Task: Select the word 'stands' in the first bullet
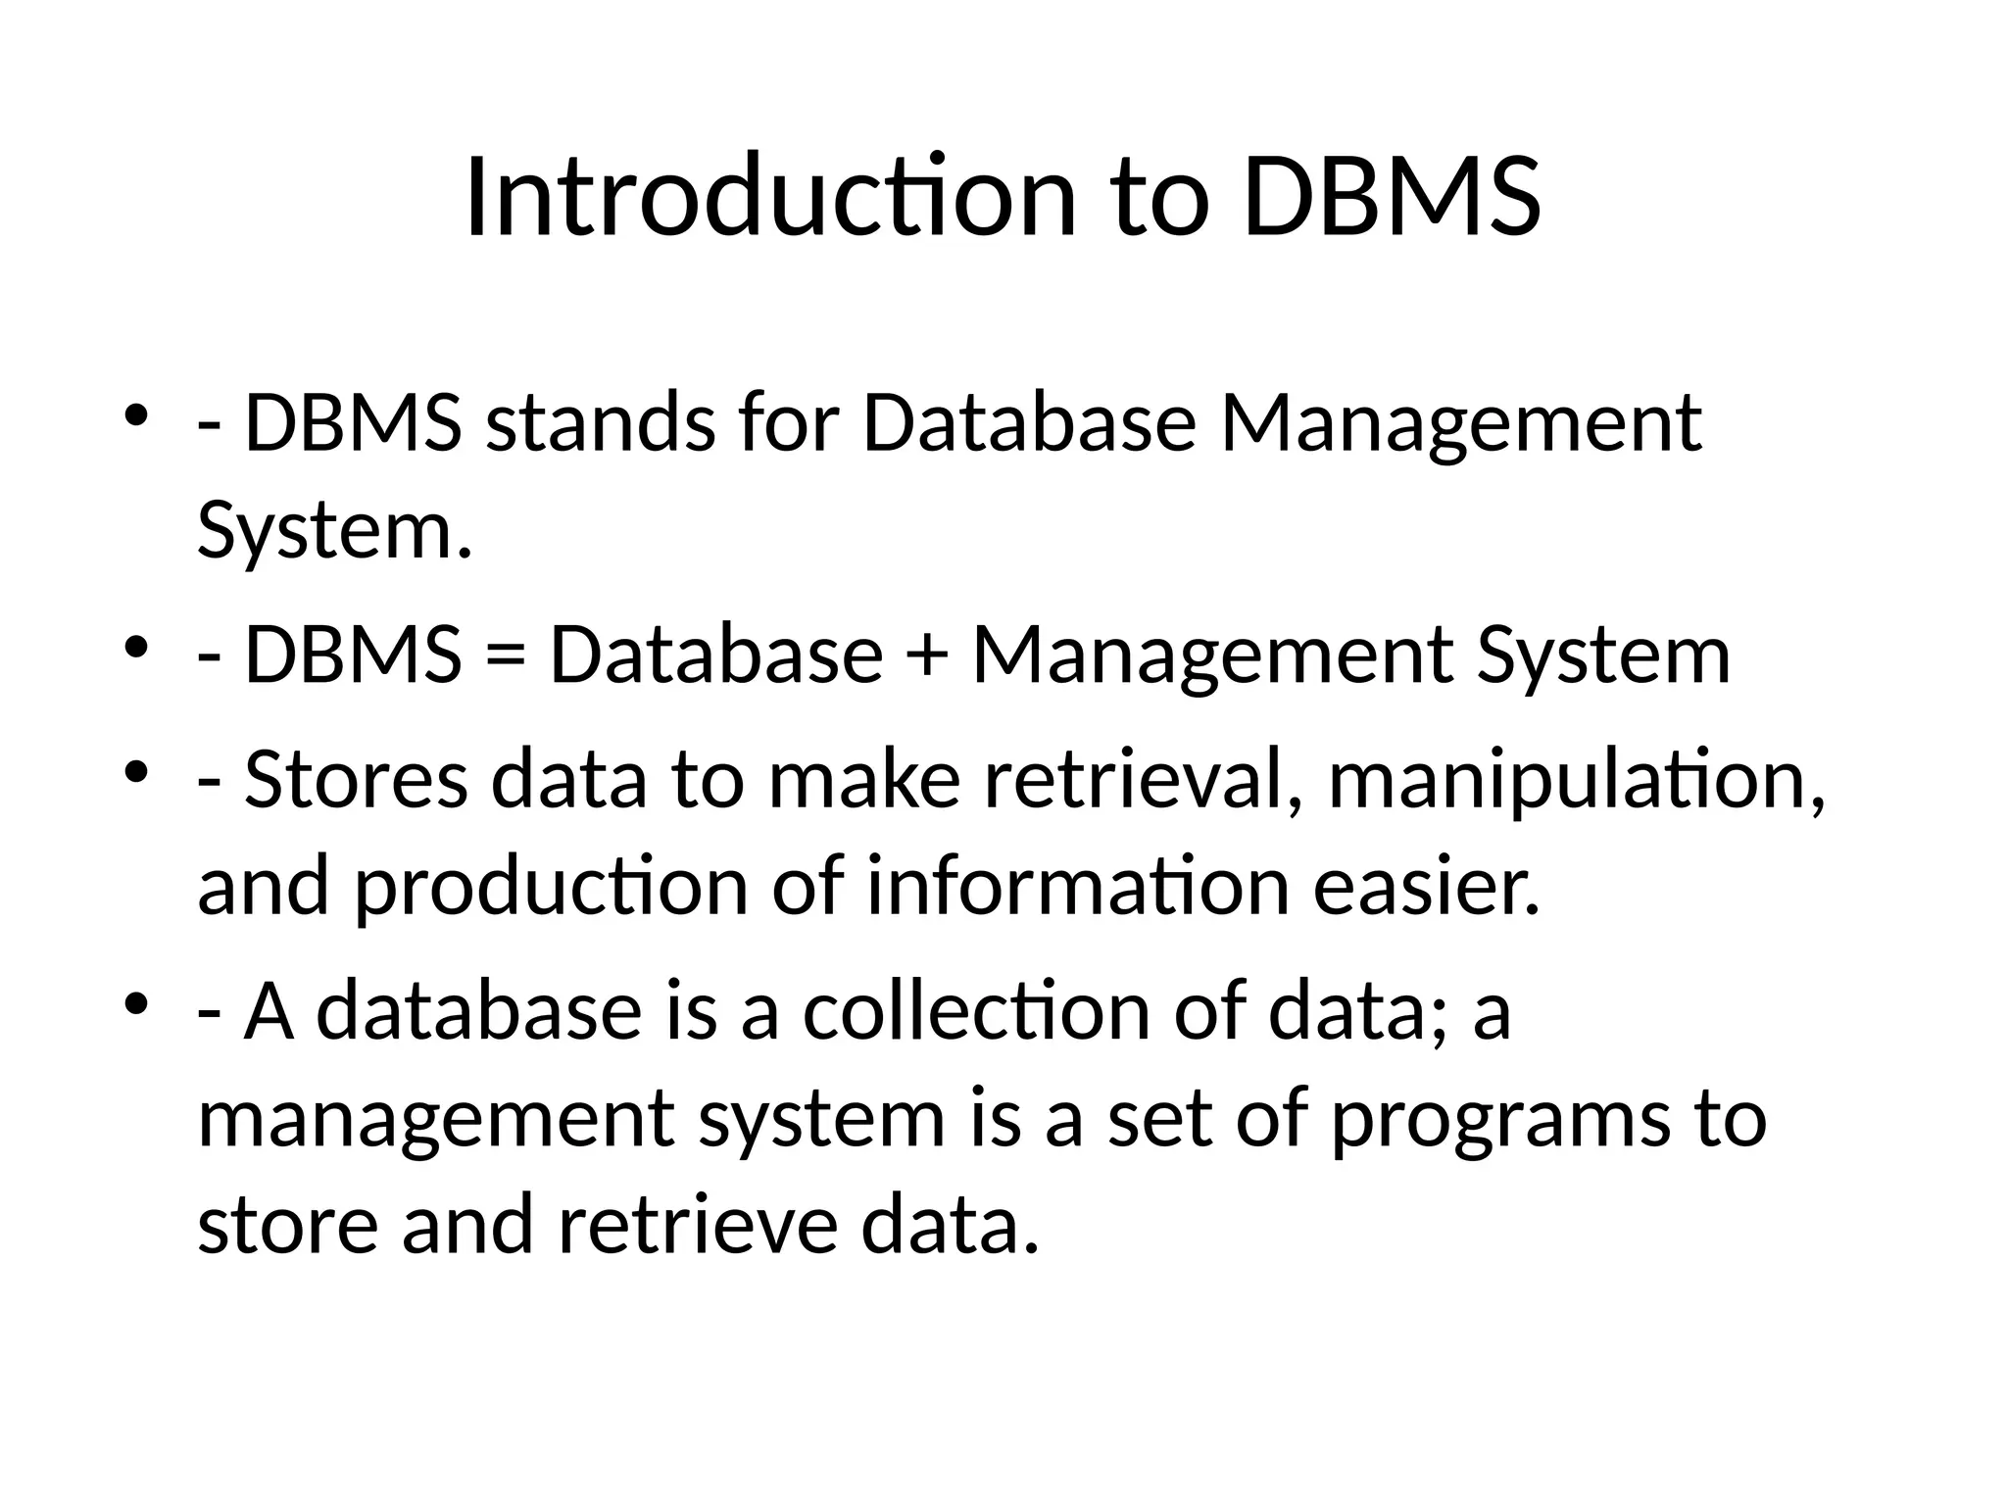pyautogui.click(x=600, y=423)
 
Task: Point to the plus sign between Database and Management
pyautogui.click(x=926, y=655)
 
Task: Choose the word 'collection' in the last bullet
pyautogui.click(x=975, y=1011)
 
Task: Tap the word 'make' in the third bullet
pyautogui.click(x=863, y=780)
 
